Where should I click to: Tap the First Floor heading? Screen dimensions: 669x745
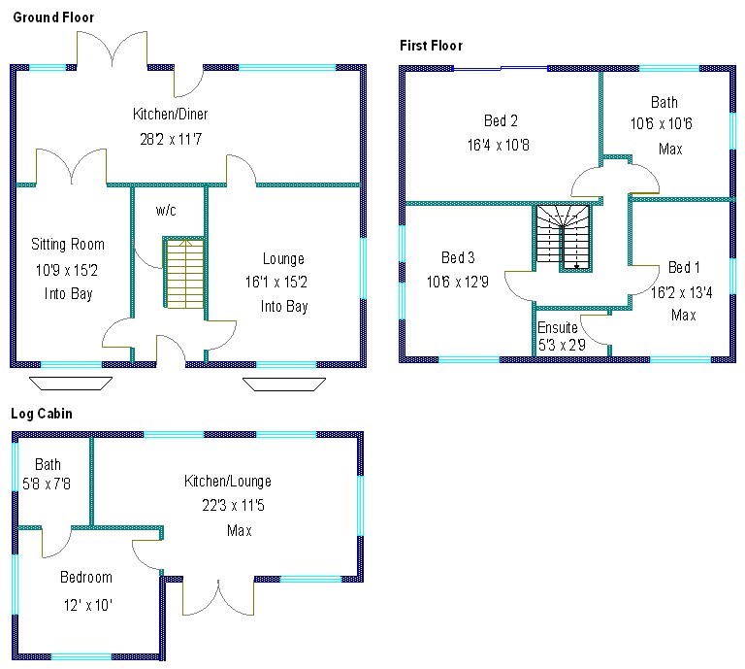432,46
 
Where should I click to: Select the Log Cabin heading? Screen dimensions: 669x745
42,414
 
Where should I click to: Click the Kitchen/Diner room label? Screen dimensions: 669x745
171,115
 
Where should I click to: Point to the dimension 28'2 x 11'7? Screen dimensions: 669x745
171,139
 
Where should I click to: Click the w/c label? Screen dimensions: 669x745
166,210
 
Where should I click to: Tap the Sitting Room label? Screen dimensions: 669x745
67,244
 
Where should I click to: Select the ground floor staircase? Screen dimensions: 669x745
182,274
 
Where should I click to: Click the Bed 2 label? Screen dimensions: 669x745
501,121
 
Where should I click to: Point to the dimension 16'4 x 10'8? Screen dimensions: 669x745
501,146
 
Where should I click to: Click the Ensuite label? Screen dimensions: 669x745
558,328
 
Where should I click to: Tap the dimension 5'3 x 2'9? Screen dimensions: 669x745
562,345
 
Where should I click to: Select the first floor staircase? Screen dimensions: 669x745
563,236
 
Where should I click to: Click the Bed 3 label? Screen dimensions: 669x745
458,258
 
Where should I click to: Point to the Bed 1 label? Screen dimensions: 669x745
683,267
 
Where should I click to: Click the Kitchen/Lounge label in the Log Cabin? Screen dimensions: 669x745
228,481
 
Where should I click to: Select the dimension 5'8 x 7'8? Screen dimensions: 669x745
48,483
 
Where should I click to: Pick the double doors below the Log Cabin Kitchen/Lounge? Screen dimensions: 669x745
218,597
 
